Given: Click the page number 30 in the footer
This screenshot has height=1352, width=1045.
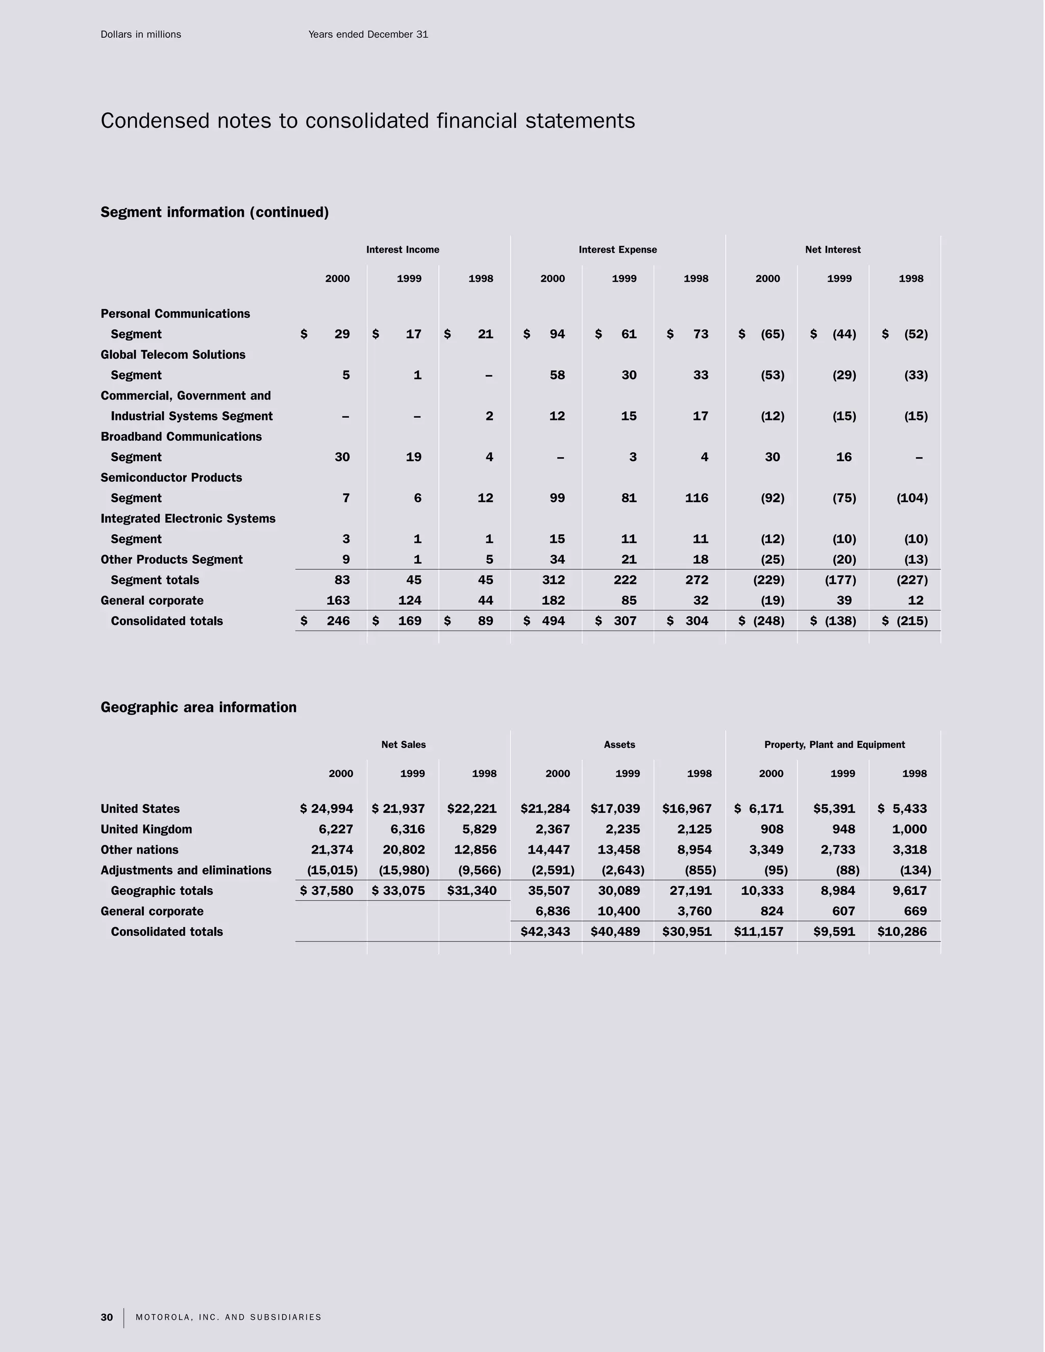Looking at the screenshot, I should click(107, 1317).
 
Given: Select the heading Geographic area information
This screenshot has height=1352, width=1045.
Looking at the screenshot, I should click(198, 707).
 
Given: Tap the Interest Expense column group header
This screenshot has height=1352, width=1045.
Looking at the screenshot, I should click(617, 249).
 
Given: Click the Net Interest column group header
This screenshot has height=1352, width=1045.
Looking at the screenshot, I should click(832, 249).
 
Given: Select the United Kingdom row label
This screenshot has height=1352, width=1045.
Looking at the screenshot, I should click(146, 829).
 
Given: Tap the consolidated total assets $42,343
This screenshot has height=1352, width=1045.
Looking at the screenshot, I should click(545, 931).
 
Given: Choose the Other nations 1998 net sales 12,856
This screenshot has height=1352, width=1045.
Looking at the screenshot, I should click(475, 849).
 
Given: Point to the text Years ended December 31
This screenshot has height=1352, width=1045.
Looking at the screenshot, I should click(368, 35).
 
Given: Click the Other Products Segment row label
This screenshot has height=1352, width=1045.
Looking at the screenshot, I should click(171, 559).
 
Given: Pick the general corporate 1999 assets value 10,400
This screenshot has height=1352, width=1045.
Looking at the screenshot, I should click(618, 911).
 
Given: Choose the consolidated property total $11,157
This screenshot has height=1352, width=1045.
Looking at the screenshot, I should click(758, 931).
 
